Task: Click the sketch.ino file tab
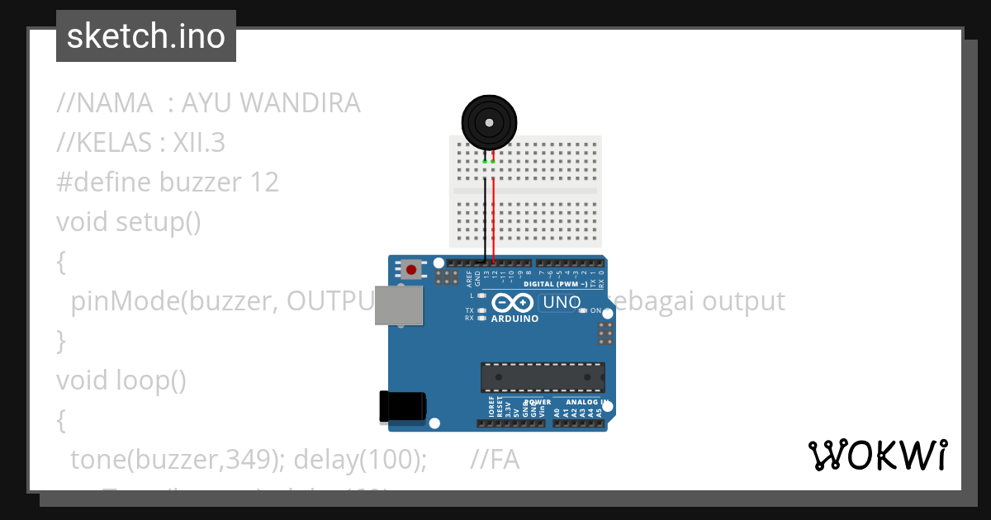[x=145, y=36]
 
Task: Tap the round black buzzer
[x=490, y=122]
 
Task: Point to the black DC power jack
[x=401, y=407]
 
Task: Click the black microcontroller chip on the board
[x=543, y=377]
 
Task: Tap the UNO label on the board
[x=562, y=303]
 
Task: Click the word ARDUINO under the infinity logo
[x=515, y=318]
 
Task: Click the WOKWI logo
[x=877, y=456]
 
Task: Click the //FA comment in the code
[x=494, y=460]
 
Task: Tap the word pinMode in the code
[x=124, y=301]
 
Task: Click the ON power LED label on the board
[x=595, y=311]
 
